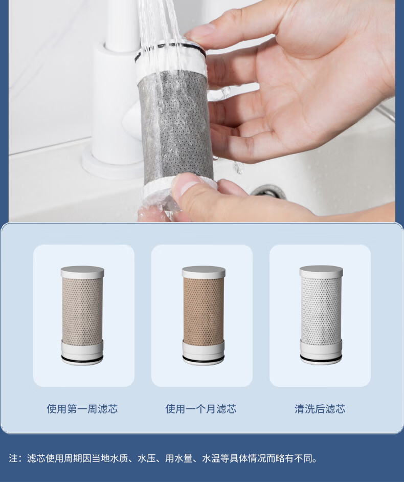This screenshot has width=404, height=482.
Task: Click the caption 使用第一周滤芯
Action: coord(82,409)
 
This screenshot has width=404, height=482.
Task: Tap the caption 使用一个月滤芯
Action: coord(200,409)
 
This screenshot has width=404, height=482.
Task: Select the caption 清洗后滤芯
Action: coord(320,409)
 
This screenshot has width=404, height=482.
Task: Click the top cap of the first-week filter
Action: coord(82,272)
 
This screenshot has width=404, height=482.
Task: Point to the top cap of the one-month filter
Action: coord(204,272)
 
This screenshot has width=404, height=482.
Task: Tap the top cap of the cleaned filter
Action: coord(321,272)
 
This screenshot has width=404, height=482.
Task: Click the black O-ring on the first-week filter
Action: coord(82,359)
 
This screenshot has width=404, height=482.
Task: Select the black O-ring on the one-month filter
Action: coord(203,359)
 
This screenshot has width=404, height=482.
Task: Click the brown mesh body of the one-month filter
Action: coord(204,311)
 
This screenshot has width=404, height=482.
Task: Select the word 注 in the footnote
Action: coord(13,458)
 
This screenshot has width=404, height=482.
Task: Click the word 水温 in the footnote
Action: coord(211,458)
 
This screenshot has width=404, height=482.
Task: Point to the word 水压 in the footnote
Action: coord(147,458)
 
